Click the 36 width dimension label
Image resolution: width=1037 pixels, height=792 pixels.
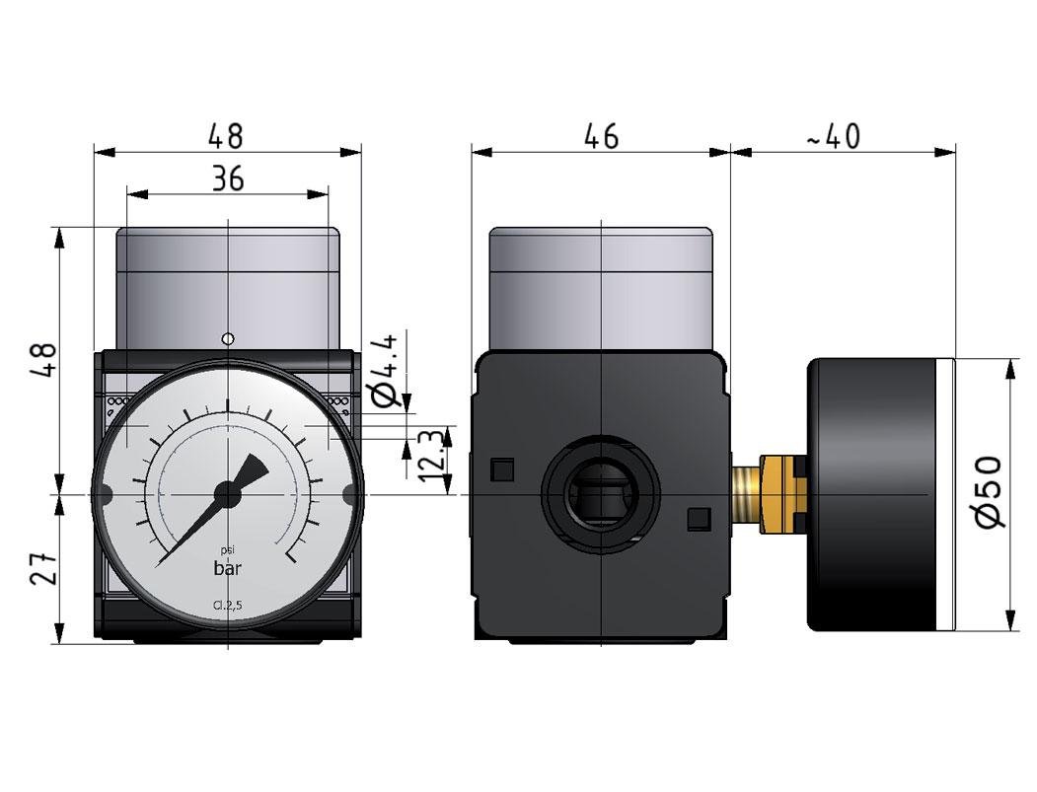tap(227, 179)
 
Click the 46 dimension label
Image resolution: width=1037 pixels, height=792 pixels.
tap(600, 136)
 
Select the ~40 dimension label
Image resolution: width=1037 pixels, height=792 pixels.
tap(834, 136)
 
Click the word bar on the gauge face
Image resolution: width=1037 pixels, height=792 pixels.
tap(230, 568)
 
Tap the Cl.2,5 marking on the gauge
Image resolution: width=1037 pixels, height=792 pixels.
tap(228, 607)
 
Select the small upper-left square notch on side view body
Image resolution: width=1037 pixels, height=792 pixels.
tap(502, 469)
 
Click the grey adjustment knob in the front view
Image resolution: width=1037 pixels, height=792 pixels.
tap(228, 287)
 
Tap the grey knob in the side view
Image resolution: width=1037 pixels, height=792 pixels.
tap(600, 287)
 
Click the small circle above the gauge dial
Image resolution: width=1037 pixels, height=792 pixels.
tap(228, 339)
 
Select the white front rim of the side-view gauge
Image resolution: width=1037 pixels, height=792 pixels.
tap(947, 494)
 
